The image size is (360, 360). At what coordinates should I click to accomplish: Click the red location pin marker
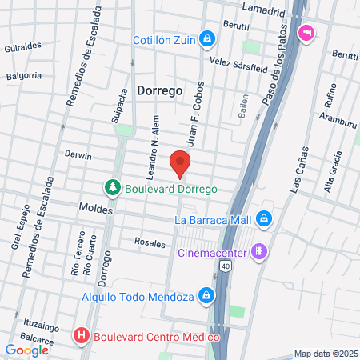pos(180,164)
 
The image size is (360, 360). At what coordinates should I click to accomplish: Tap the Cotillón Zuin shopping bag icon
pos(207,38)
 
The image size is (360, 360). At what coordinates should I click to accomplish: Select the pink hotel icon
pos(305,33)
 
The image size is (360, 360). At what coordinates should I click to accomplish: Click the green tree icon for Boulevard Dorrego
pos(113,188)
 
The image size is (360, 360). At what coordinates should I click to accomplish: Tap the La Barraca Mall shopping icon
pos(264,219)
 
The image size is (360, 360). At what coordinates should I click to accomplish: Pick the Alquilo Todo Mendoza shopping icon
pos(207,296)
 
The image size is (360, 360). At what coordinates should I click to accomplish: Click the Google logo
pos(27,350)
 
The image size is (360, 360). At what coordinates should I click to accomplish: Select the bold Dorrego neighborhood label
pos(160,91)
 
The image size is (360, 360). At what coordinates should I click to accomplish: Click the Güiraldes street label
pos(22,46)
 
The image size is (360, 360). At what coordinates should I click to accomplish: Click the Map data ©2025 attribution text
pos(326,354)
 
